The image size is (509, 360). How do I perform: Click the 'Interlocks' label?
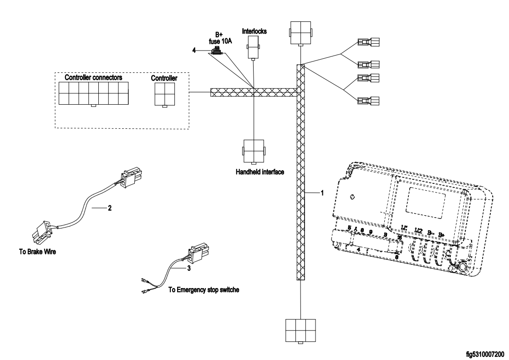coord(254,31)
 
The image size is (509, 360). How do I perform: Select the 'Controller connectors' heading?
coord(93,77)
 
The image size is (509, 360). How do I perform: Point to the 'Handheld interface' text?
coord(254,172)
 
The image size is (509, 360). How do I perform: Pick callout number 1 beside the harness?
coord(322,193)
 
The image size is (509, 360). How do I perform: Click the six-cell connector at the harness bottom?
coord(300,330)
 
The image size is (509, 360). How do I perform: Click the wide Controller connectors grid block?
coord(93,93)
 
